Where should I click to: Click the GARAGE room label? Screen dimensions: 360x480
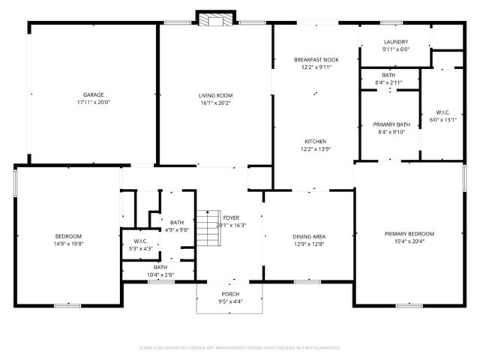(93, 94)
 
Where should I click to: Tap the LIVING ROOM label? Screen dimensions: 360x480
(215, 95)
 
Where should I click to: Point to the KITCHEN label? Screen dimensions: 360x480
(315, 142)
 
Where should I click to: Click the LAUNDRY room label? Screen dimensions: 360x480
(394, 42)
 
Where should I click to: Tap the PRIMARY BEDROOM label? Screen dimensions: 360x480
(409, 234)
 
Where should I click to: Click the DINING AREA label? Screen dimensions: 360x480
(308, 237)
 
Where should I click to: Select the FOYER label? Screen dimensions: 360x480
(231, 217)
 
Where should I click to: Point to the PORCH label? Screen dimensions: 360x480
(230, 294)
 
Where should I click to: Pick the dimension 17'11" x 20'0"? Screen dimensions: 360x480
(93, 102)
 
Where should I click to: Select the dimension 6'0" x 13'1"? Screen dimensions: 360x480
(442, 119)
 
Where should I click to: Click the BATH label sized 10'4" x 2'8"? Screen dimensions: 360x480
(160, 268)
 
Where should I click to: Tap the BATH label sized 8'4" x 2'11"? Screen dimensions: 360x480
(388, 75)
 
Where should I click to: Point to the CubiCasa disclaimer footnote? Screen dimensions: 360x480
(240, 348)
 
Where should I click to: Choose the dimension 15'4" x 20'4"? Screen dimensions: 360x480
(409, 241)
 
